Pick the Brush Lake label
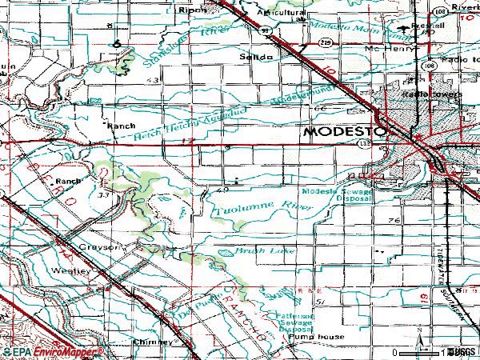(x=255, y=250)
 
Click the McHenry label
(x=386, y=47)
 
